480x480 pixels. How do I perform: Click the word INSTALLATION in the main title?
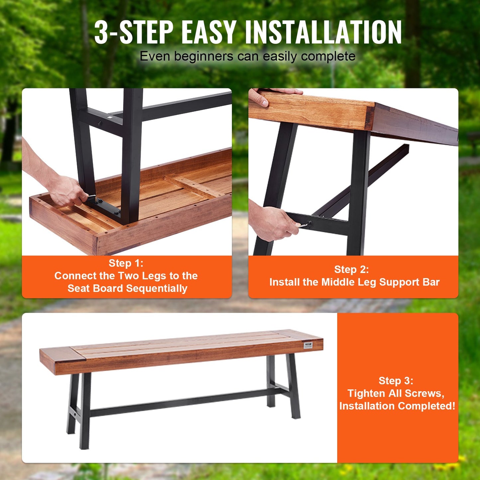coord(323,32)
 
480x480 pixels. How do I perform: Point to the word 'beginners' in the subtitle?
coord(204,56)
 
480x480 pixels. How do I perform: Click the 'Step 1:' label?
coord(126,263)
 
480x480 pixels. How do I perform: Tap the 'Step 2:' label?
coord(351,269)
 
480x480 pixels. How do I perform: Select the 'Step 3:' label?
coord(396,381)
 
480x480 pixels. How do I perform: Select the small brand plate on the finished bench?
coord(308,345)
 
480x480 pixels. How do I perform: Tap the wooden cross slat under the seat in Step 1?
coord(191,186)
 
